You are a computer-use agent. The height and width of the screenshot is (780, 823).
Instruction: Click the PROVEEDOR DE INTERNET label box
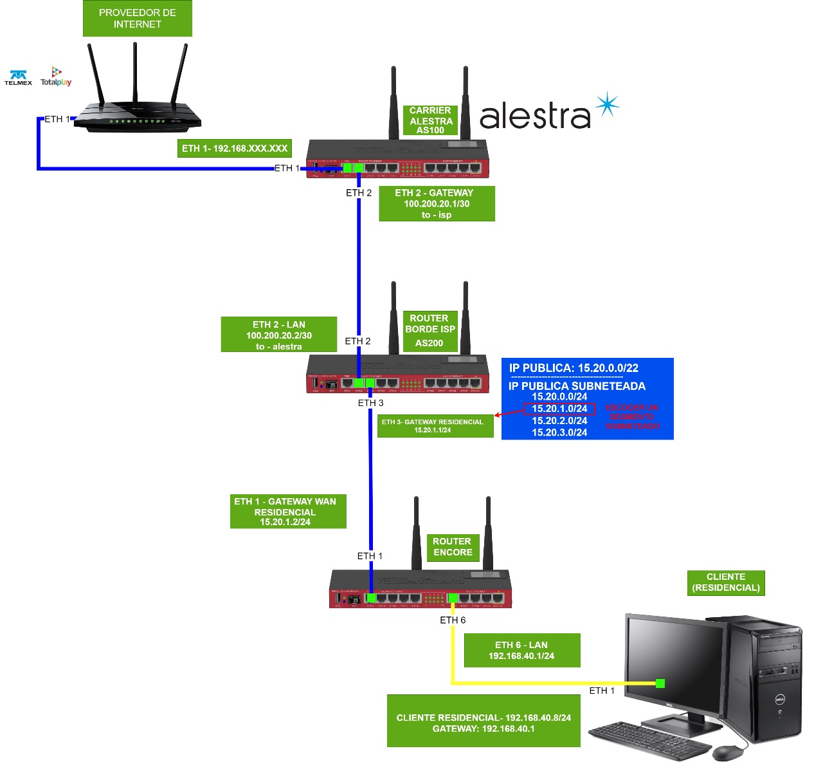(137, 19)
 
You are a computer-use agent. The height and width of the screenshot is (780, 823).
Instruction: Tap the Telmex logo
(18, 78)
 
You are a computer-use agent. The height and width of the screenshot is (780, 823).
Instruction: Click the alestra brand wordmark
(535, 116)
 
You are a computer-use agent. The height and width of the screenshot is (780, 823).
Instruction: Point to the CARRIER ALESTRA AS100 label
(430, 120)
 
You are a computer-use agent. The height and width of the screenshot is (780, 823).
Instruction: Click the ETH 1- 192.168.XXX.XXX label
(235, 149)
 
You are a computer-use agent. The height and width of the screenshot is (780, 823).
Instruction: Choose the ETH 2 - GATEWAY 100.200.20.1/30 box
(437, 203)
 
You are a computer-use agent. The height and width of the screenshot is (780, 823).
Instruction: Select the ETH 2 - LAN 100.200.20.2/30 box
(278, 335)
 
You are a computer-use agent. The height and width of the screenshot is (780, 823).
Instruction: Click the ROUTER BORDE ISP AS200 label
(430, 331)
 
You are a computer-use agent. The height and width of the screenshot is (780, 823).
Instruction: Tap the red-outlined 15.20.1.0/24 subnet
(559, 409)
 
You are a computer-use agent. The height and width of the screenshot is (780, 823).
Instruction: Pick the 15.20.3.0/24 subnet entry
(559, 432)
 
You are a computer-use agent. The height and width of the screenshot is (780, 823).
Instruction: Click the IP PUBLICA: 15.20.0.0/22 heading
(574, 368)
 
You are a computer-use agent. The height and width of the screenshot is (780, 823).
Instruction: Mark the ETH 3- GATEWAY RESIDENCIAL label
(435, 425)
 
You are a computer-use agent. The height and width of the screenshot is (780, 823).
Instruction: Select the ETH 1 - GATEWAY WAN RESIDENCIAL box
(287, 511)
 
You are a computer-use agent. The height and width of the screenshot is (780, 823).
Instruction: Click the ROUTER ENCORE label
(452, 547)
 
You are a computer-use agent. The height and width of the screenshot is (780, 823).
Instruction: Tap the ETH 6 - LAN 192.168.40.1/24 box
(521, 650)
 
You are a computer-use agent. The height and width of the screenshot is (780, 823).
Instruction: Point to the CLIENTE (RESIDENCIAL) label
(726, 582)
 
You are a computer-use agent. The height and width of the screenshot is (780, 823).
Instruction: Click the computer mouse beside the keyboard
(727, 752)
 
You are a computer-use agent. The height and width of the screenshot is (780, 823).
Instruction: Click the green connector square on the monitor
(660, 683)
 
